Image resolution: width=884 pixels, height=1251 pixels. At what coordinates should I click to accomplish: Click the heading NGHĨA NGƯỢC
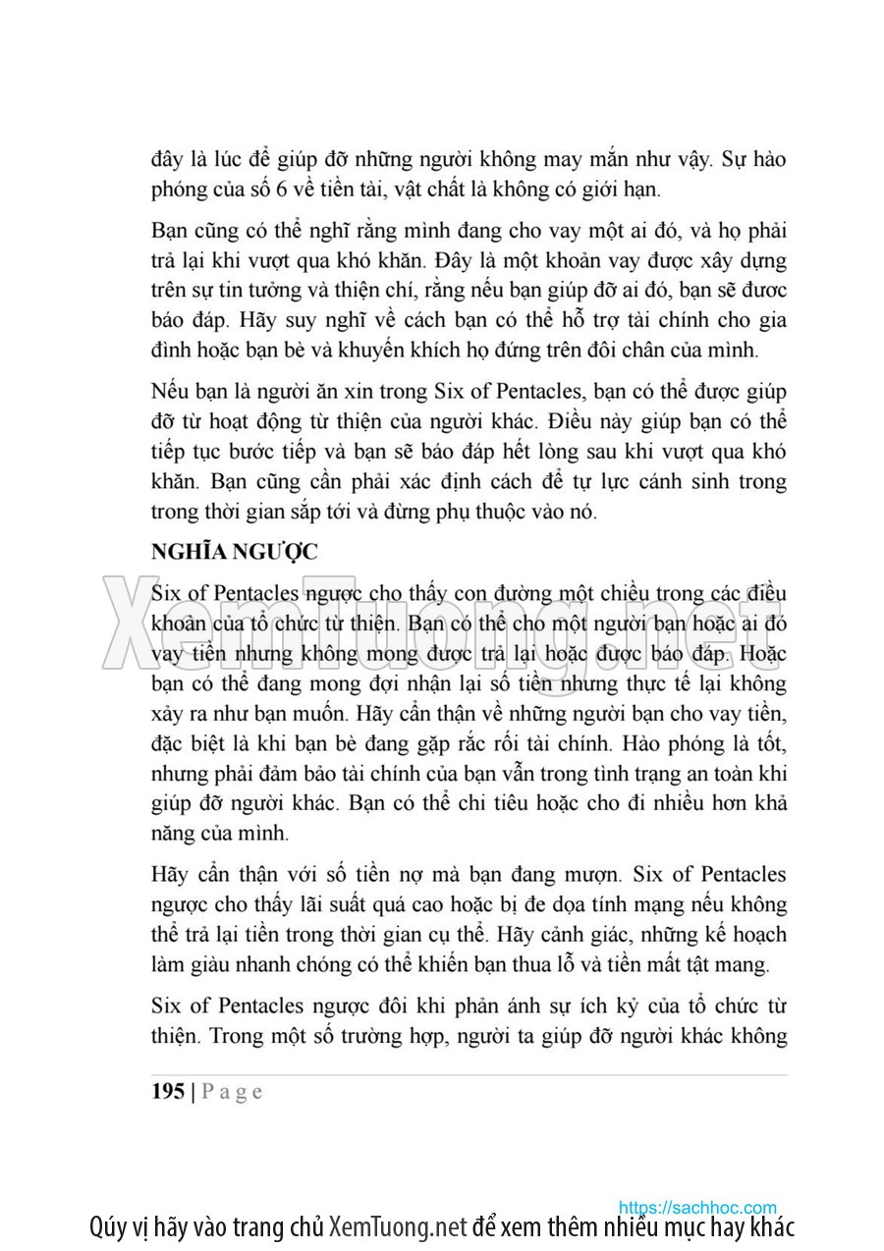pyautogui.click(x=234, y=552)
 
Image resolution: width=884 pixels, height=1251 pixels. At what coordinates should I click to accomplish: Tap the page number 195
pyautogui.click(x=168, y=1092)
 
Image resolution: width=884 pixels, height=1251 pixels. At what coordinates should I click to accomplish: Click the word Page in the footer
pyautogui.click(x=233, y=1092)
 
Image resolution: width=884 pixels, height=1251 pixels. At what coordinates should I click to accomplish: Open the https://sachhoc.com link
pyautogui.click(x=697, y=1208)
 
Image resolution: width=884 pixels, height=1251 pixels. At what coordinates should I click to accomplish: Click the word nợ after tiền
pyautogui.click(x=428, y=875)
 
